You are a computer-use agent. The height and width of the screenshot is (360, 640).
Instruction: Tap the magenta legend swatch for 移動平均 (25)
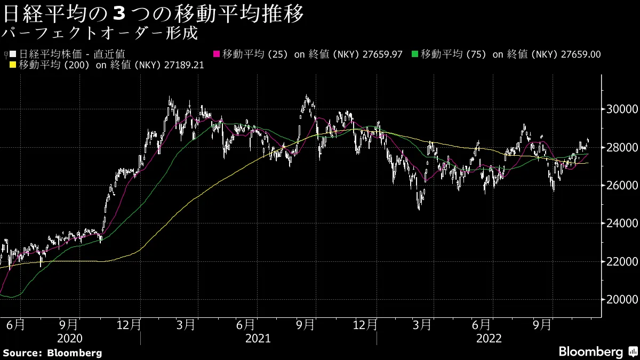217,54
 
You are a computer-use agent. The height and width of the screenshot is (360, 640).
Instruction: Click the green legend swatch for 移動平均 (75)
415,54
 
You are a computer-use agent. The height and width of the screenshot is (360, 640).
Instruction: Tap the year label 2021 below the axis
258,338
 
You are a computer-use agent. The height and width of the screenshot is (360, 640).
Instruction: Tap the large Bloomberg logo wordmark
590,352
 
